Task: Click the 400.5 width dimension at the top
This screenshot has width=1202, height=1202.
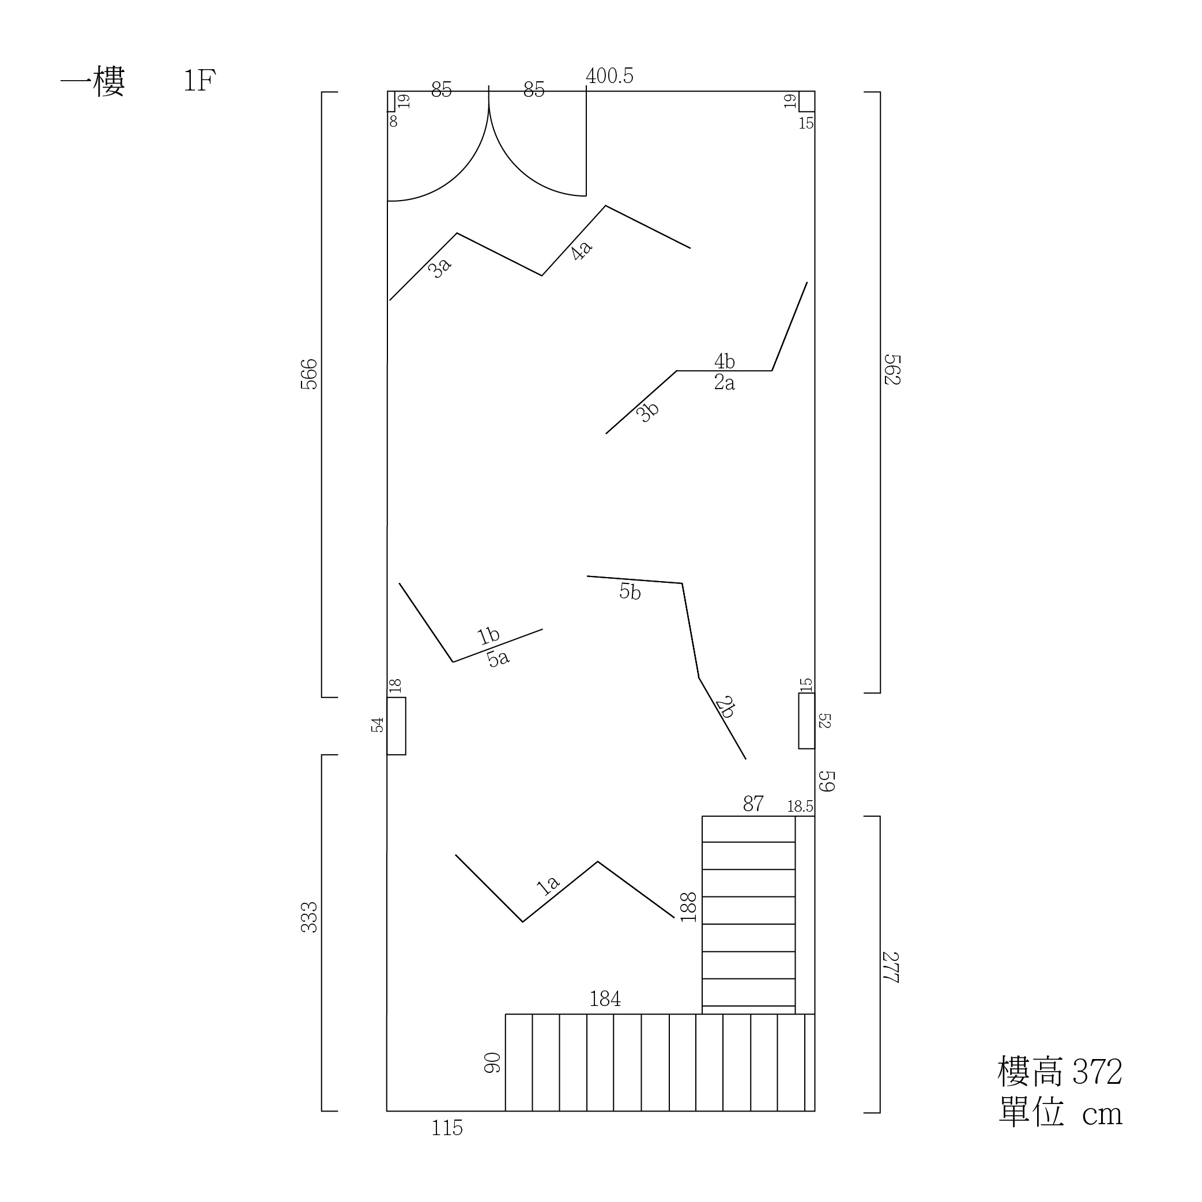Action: (609, 76)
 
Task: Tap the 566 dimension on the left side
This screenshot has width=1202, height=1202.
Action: (308, 375)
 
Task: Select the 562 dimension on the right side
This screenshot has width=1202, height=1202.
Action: (893, 370)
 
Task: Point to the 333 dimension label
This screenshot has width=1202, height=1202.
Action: (308, 917)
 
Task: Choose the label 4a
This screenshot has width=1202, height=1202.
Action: (581, 251)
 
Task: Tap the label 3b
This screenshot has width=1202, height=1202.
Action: (647, 412)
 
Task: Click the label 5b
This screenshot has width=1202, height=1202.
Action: (630, 591)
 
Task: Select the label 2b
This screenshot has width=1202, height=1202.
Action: (725, 707)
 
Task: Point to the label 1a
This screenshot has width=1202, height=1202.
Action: (548, 886)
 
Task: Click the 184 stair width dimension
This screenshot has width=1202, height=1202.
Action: (605, 998)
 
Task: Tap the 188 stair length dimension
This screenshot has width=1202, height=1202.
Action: (688, 907)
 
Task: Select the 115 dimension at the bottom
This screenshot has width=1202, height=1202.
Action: (447, 1128)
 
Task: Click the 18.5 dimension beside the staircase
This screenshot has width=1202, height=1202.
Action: (800, 807)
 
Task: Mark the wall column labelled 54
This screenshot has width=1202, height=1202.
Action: (396, 726)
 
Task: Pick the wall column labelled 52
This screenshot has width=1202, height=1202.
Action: (807, 721)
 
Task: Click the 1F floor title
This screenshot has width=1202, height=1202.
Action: (199, 81)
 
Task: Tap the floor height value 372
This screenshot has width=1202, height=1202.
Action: (1098, 1072)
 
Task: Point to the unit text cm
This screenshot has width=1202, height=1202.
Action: (1102, 1115)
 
